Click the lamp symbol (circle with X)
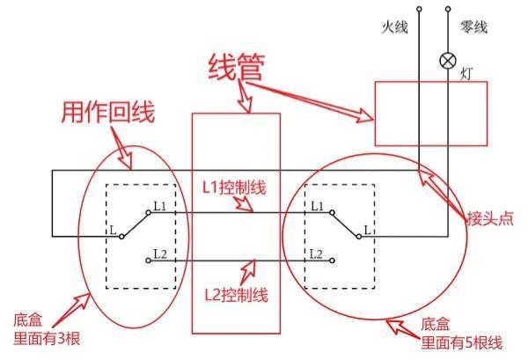click(448, 62)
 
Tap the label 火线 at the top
click(395, 29)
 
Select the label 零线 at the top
click(473, 29)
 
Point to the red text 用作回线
click(107, 112)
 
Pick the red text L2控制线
click(236, 292)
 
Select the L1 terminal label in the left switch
click(158, 205)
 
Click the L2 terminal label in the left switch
click(158, 253)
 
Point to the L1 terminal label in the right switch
click(317, 205)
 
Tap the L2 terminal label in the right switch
click(317, 253)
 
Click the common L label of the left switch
click(113, 231)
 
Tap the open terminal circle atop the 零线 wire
click(448, 10)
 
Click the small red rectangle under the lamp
click(430, 114)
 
